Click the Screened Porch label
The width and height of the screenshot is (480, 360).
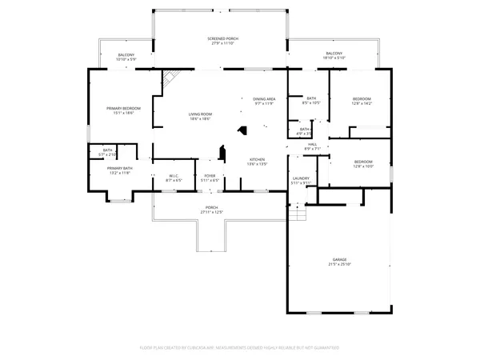[222, 38]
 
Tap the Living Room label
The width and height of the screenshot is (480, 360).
[199, 114]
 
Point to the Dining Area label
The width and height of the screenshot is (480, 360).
[264, 98]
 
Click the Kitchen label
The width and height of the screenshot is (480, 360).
[257, 159]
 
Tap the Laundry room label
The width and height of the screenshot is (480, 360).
[301, 178]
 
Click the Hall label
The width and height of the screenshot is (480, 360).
[312, 144]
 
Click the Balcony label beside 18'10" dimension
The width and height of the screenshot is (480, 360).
[334, 53]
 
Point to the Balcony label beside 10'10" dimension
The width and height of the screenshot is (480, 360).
[126, 54]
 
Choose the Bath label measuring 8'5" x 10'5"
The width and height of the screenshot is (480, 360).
[311, 98]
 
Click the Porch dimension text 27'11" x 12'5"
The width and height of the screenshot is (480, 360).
[211, 212]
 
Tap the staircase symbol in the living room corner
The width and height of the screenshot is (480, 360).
[170, 78]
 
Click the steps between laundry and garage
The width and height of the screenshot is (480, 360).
[298, 212]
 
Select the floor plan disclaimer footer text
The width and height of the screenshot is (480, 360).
[240, 348]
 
